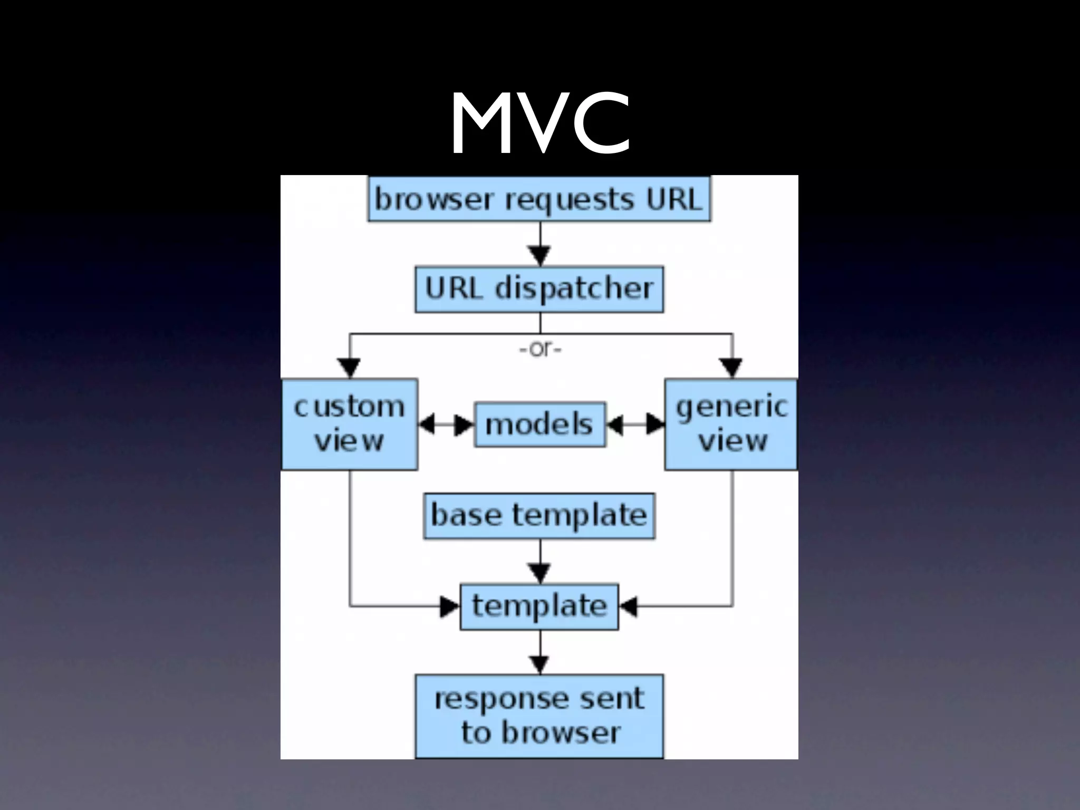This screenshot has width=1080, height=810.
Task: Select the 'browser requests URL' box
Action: pyautogui.click(x=539, y=199)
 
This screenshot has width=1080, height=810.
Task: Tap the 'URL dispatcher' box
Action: pyautogui.click(x=539, y=289)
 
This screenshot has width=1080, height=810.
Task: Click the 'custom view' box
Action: pyautogui.click(x=349, y=423)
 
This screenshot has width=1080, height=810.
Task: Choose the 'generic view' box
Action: pyautogui.click(x=731, y=423)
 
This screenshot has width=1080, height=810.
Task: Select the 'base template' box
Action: pyautogui.click(x=539, y=515)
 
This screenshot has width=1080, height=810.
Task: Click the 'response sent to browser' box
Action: pyautogui.click(x=539, y=716)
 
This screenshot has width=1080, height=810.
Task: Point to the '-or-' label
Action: pyautogui.click(x=540, y=349)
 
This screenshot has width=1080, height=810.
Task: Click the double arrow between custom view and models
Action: pyautogui.click(x=446, y=425)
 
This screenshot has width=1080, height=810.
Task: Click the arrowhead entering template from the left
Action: pyautogui.click(x=450, y=607)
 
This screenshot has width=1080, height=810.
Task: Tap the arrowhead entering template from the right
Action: pyautogui.click(x=629, y=607)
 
